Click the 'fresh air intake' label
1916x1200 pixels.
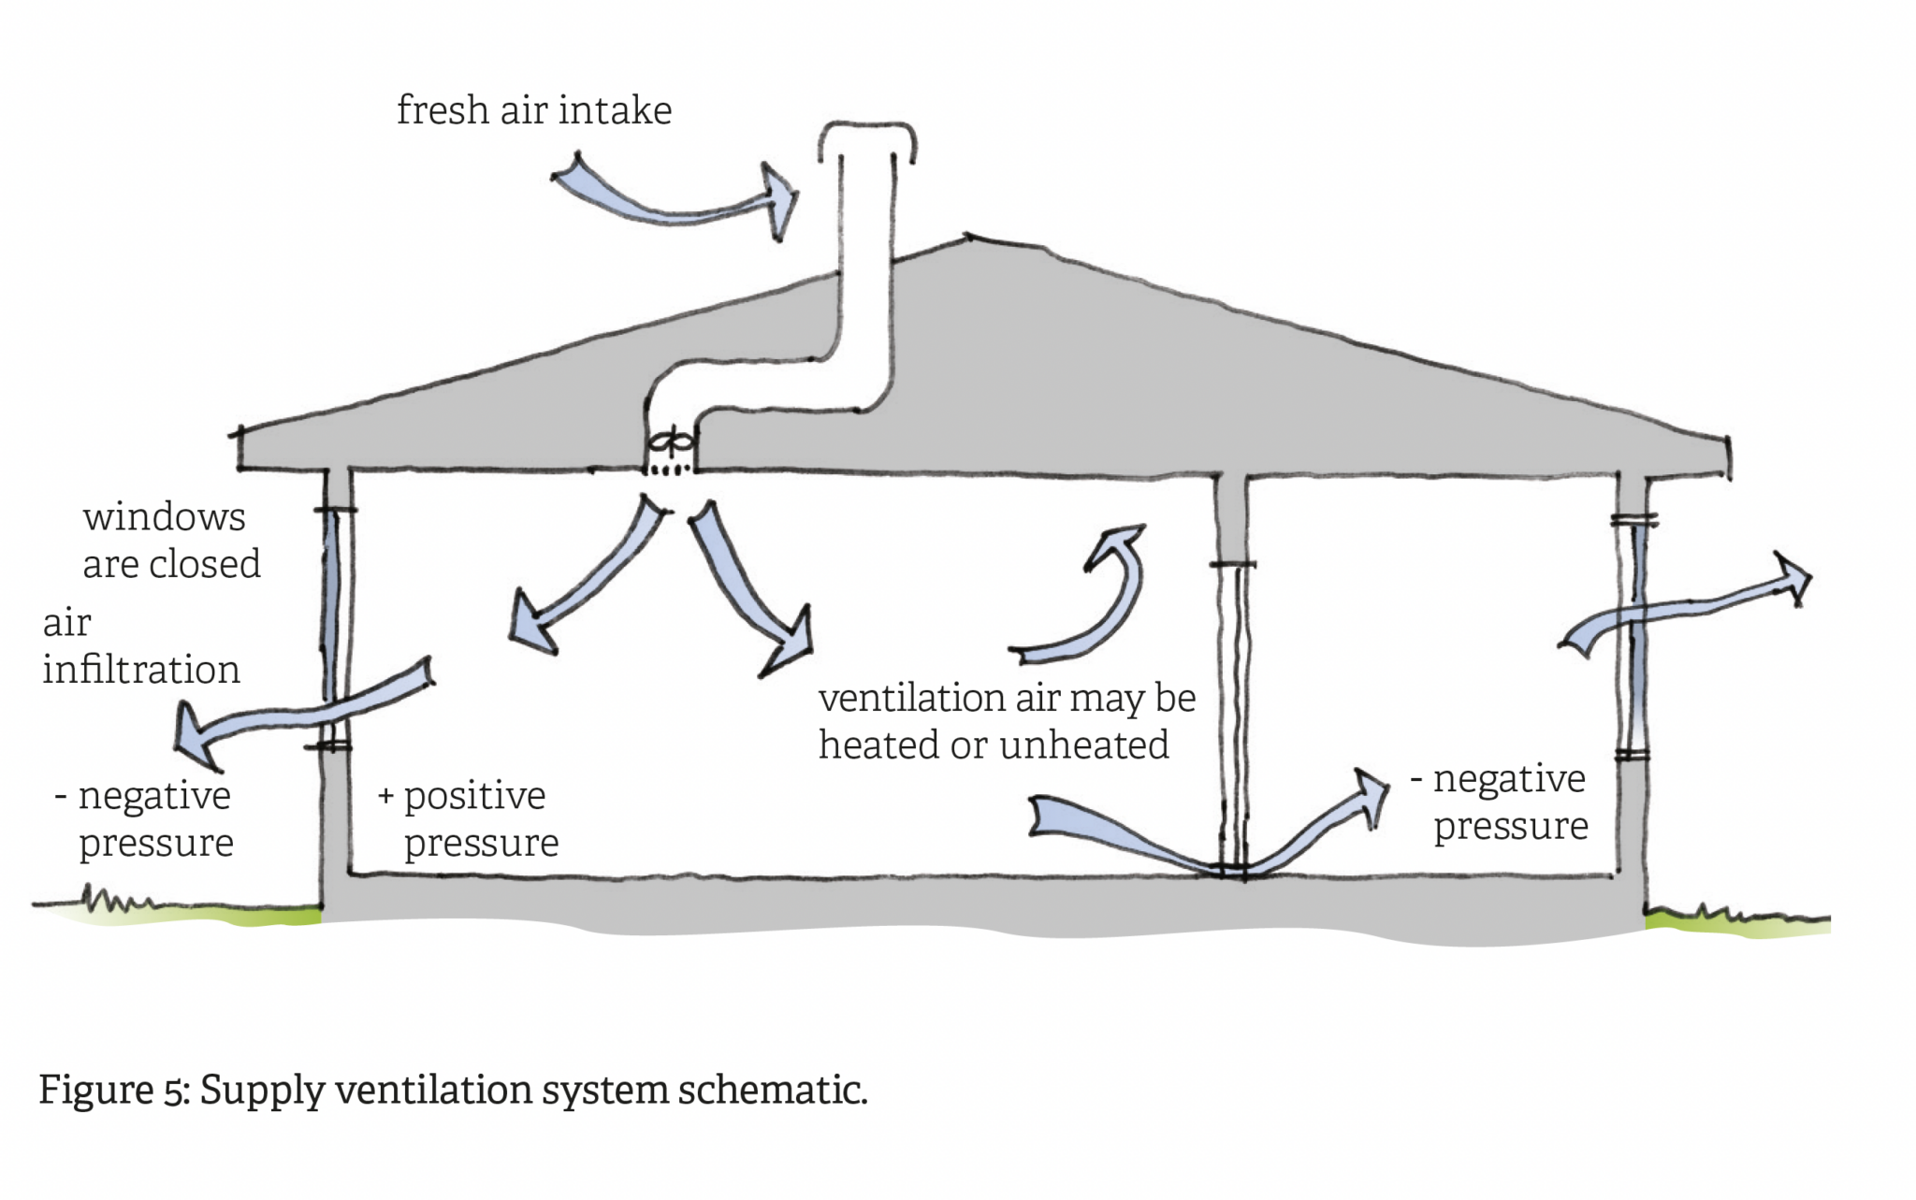(x=534, y=111)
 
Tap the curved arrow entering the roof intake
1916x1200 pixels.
(x=674, y=201)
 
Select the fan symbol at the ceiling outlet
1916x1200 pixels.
(x=670, y=441)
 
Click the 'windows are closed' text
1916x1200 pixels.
(x=171, y=541)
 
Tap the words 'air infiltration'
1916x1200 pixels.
(x=140, y=646)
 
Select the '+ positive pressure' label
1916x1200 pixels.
(x=468, y=818)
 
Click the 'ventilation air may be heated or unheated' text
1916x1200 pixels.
(x=1006, y=721)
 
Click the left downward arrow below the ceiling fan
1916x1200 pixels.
(x=580, y=580)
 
